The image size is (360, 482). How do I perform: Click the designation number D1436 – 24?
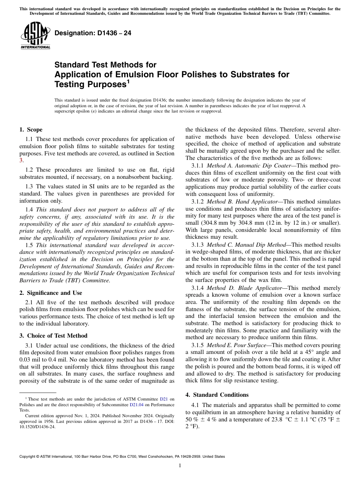pos(93,33)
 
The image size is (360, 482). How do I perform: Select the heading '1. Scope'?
pos(31,130)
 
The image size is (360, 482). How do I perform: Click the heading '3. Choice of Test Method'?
pos(53,336)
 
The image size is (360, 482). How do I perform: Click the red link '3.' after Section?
pos(21,160)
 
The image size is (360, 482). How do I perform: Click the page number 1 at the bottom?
pos(180,466)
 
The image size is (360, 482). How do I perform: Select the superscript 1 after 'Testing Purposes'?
pos(128,81)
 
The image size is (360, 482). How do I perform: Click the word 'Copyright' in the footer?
pos(29,457)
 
